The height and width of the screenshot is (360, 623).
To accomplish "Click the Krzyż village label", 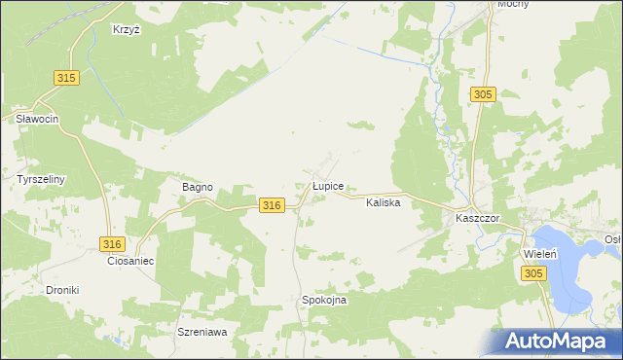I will [128, 30].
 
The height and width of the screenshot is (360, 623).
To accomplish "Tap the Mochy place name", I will [513, 5].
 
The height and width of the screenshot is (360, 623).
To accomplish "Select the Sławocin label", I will [38, 119].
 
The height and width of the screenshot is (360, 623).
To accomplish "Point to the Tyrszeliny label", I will [40, 180].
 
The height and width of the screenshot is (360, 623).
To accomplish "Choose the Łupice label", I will [326, 185].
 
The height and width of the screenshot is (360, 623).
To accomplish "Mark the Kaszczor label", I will [477, 219].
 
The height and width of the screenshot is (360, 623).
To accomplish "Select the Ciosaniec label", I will [131, 262].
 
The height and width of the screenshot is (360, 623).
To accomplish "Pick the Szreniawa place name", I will [202, 332].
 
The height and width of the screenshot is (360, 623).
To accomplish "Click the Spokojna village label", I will [324, 301].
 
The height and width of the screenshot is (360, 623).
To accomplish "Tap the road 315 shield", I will [66, 78].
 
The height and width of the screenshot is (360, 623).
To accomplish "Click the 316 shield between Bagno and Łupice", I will [273, 205].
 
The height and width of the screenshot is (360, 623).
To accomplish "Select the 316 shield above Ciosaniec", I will [113, 243].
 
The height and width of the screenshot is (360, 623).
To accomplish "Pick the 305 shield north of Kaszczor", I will [484, 94].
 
